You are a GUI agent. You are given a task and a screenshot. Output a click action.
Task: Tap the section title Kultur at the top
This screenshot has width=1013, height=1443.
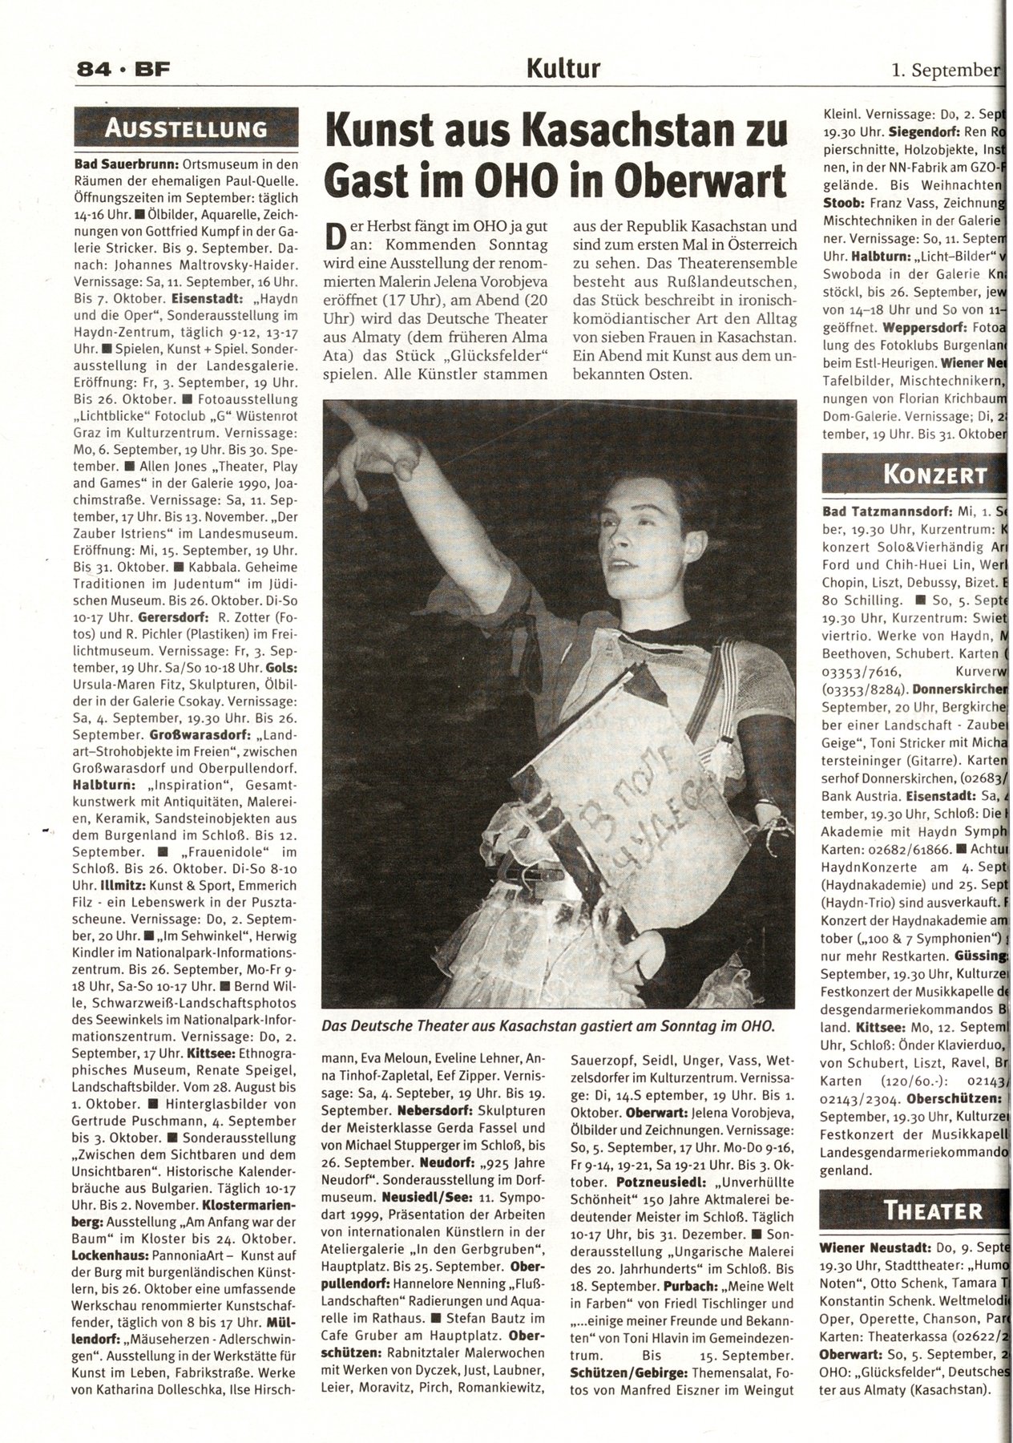563,69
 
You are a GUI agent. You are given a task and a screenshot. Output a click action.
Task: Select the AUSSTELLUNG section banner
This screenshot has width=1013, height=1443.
185,128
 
